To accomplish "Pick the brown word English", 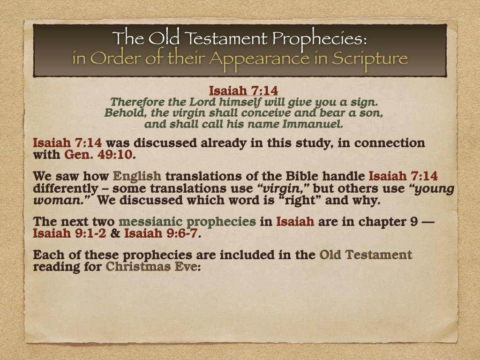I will pyautogui.click(x=137, y=177).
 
